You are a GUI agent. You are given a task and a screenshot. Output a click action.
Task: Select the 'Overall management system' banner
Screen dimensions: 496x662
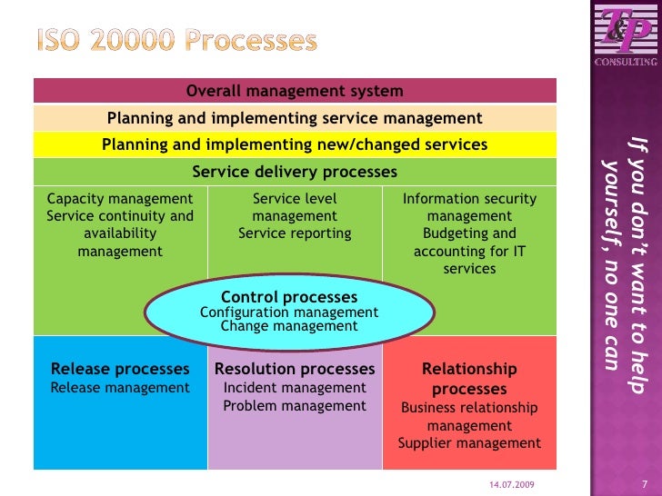[295, 91]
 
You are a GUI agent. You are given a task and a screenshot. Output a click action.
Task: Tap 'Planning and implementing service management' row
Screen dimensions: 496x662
[295, 118]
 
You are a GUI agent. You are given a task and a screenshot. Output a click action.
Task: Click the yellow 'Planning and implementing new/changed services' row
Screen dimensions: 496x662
[295, 145]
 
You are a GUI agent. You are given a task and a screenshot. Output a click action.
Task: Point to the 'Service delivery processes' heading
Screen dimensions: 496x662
[295, 172]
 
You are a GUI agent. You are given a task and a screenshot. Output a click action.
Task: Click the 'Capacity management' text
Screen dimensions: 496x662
[120, 199]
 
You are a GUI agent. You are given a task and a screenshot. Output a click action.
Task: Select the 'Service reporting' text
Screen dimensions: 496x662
[295, 233]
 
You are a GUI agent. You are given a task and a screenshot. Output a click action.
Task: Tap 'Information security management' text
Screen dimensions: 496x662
[470, 207]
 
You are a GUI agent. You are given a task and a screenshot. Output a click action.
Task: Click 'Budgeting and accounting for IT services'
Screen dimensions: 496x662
[470, 251]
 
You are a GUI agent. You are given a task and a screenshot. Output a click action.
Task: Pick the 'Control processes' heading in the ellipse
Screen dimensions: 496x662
[289, 297]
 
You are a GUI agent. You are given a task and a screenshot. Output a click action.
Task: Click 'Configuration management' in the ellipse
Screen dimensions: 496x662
[289, 312]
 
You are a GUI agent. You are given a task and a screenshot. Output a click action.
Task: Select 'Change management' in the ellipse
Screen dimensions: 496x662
[289, 326]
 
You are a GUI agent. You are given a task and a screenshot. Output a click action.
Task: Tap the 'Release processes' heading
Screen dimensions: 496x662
[120, 369]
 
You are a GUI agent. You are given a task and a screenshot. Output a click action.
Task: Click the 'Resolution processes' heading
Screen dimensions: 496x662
[295, 369]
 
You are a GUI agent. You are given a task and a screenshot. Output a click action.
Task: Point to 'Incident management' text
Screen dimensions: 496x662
[295, 388]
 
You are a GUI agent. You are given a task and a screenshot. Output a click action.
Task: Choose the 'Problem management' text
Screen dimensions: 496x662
[295, 406]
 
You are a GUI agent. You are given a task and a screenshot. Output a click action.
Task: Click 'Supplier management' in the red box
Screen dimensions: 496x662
[470, 443]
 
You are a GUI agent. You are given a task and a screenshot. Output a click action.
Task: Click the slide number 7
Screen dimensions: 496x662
[644, 483]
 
